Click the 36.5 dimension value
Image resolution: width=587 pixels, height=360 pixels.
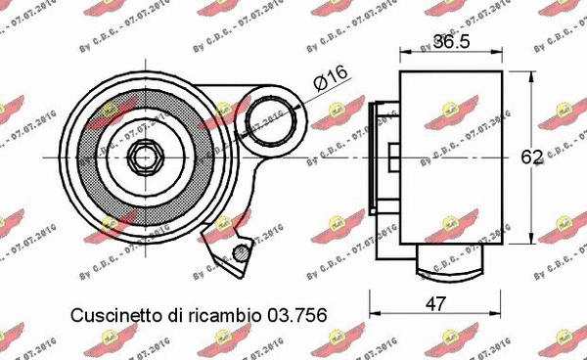click(x=451, y=43)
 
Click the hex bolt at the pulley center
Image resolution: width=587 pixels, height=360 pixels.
click(x=144, y=157)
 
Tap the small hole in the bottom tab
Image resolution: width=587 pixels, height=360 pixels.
click(x=240, y=255)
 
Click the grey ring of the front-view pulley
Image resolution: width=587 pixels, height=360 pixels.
click(x=88, y=157)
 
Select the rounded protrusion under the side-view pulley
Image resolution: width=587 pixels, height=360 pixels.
click(x=451, y=259)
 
